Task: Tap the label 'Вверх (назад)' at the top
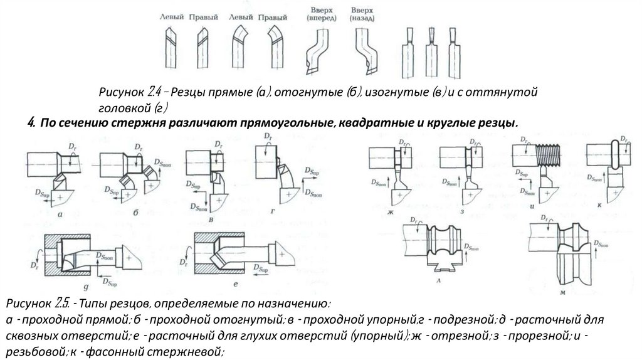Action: point(362,14)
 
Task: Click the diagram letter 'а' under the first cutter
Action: point(58,214)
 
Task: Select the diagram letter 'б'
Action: point(135,213)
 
